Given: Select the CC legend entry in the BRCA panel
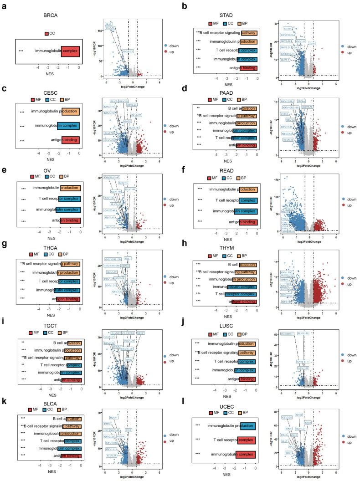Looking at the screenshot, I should (50, 34).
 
